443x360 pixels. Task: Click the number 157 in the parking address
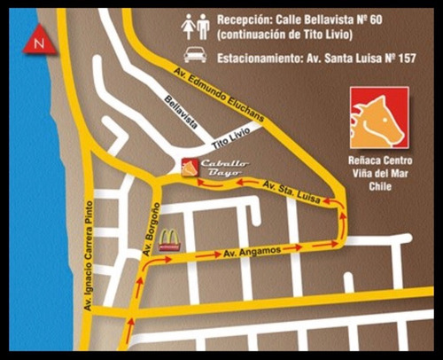415,56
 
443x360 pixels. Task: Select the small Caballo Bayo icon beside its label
189,166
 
